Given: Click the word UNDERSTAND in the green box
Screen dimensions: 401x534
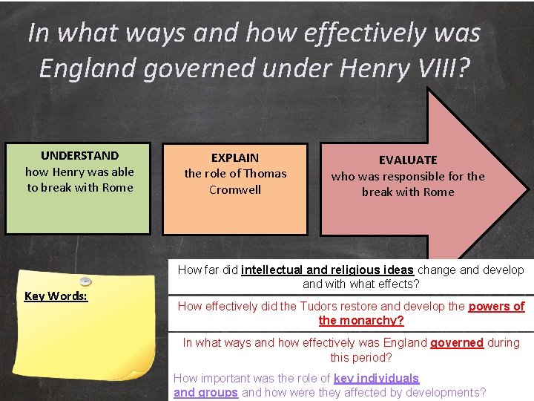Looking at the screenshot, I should [79, 155].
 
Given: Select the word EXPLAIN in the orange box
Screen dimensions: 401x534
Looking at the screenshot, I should [235, 157].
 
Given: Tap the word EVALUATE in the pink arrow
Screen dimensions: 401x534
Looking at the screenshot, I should [408, 160].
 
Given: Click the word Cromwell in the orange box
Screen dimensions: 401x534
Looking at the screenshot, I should [235, 189].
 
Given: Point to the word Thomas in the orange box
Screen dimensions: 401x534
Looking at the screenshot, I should [265, 173].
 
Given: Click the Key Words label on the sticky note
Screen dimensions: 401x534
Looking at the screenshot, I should [56, 296].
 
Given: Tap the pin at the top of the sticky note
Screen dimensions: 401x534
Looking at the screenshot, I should [85, 281].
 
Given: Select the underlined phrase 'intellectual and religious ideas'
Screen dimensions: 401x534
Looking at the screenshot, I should [327, 270].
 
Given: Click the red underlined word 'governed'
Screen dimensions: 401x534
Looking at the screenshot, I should [457, 342].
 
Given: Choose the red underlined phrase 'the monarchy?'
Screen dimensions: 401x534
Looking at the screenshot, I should [361, 320].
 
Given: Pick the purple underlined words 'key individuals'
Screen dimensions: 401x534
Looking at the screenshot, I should [376, 378].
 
